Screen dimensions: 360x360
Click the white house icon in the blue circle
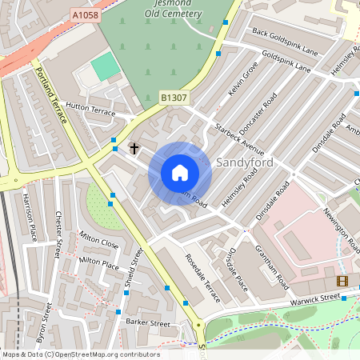point(180,173)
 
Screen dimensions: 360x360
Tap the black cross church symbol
point(134,148)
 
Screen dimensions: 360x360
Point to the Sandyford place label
point(246,162)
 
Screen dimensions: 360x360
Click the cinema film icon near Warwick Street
point(342,281)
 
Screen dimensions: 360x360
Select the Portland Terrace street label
point(51,94)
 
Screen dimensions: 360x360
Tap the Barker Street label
point(149,322)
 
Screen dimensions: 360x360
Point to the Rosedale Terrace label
point(202,278)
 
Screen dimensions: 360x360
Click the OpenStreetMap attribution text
point(80,354)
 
